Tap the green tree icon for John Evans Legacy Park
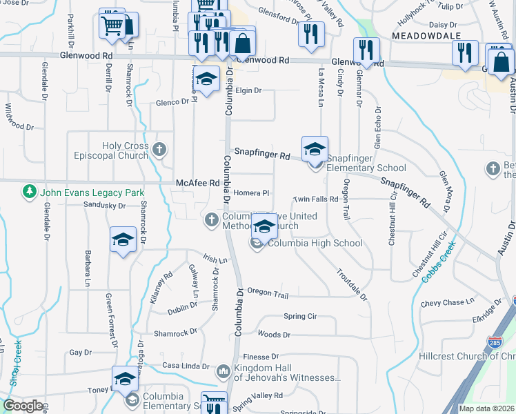tap(30, 191)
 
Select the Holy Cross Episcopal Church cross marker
tap(159, 149)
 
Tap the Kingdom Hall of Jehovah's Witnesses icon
tap(223, 372)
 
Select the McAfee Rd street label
tap(197, 183)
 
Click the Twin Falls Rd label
tap(315, 199)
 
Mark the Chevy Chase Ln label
tap(448, 302)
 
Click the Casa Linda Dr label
tap(185, 365)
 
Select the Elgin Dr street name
tap(248, 90)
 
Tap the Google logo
tap(23, 406)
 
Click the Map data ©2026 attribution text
tap(486, 408)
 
